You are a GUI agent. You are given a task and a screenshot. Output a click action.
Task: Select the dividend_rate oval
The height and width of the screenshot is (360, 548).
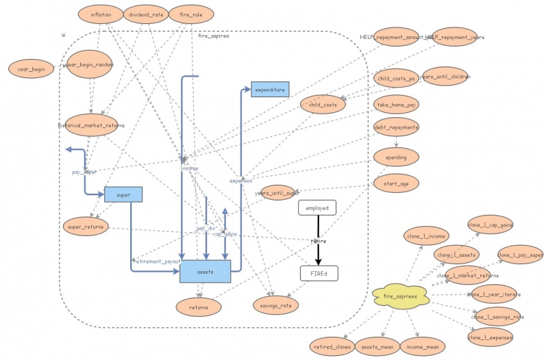[145, 14]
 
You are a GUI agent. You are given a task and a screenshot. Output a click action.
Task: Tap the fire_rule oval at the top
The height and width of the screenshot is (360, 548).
[190, 14]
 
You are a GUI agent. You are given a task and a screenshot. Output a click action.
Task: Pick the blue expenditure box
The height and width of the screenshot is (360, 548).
[270, 90]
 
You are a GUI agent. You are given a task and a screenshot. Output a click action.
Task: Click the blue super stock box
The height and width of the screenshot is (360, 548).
[123, 195]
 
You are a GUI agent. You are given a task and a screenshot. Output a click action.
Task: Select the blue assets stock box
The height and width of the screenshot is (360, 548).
[205, 272]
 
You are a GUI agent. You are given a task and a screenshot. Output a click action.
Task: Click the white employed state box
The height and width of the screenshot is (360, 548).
[317, 208]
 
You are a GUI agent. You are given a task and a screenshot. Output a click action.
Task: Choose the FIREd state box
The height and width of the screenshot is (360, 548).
[319, 273]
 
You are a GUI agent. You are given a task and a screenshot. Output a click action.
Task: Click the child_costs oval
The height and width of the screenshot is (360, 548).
[323, 104]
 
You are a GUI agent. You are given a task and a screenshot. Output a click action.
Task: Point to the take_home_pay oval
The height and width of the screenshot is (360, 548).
[396, 104]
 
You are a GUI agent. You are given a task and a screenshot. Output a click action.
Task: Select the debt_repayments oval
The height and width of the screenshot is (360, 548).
[396, 127]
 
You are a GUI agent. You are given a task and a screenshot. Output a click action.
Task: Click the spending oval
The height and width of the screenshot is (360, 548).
[396, 157]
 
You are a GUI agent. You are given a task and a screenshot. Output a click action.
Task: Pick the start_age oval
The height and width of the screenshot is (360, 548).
[396, 183]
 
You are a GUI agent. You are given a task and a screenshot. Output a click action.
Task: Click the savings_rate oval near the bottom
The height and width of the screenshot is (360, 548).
[275, 305]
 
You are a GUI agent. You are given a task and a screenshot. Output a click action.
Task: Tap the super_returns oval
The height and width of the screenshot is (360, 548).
[86, 225]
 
